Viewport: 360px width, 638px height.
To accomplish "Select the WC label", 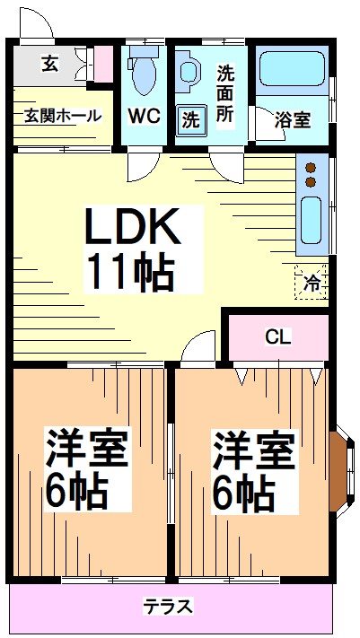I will (143, 116).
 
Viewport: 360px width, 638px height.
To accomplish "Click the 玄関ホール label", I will (62, 115).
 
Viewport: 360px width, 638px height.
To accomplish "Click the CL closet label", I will (277, 337).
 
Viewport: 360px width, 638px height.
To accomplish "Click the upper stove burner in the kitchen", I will (312, 167).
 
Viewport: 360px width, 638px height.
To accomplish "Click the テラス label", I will (168, 607).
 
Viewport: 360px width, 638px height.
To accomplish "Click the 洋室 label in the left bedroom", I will (87, 447).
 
